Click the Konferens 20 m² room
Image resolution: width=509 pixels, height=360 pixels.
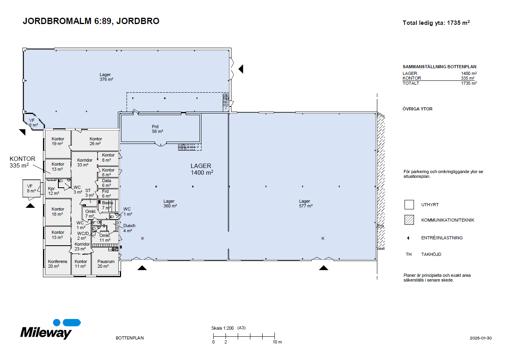(x=58, y=264)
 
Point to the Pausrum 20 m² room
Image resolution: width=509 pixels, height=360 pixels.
(x=106, y=264)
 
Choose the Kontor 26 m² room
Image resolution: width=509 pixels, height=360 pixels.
(x=95, y=141)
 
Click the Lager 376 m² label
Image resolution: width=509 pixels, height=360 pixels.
(x=106, y=77)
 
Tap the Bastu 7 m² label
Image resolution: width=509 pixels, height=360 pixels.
(x=107, y=205)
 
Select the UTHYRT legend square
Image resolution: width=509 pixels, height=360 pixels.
(x=409, y=205)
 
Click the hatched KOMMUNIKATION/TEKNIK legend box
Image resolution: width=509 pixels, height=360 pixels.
(x=409, y=220)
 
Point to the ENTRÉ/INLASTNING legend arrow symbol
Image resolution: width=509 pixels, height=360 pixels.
(x=408, y=238)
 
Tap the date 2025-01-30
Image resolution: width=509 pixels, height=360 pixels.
(x=481, y=338)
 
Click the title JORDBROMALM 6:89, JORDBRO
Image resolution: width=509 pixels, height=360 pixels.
(x=91, y=21)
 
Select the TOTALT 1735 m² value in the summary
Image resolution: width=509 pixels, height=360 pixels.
(x=468, y=83)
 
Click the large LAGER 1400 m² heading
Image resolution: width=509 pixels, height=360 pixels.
(x=201, y=169)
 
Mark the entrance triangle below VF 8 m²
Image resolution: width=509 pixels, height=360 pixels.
(x=30, y=205)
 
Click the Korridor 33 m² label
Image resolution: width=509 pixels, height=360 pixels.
(x=85, y=162)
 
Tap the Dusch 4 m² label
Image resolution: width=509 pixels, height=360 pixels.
(x=129, y=228)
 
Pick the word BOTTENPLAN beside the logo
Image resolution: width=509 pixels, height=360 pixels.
(x=130, y=338)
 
